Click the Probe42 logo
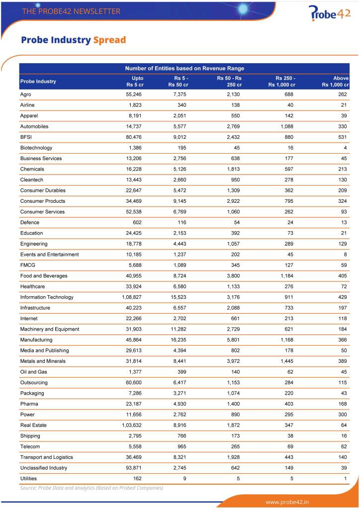tap(329, 13)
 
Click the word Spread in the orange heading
tap(109, 40)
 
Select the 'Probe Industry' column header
tap(38, 81)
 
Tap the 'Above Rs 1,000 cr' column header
tap(335, 81)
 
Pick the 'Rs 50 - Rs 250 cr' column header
tap(229, 81)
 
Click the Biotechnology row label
tap(36, 148)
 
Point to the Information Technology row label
tap(47, 297)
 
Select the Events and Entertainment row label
tap(49, 254)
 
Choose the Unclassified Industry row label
tap(43, 468)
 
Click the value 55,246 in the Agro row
tap(134, 94)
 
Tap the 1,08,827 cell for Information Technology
tap(132, 297)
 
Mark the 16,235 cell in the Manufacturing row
tap(179, 340)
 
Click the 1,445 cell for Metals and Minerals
tap(287, 361)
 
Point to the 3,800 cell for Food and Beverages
tap(233, 276)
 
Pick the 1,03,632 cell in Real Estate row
tap(132, 425)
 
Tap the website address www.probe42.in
tap(287, 502)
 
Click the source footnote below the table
tap(91, 488)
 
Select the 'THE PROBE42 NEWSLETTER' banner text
tap(71, 11)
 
